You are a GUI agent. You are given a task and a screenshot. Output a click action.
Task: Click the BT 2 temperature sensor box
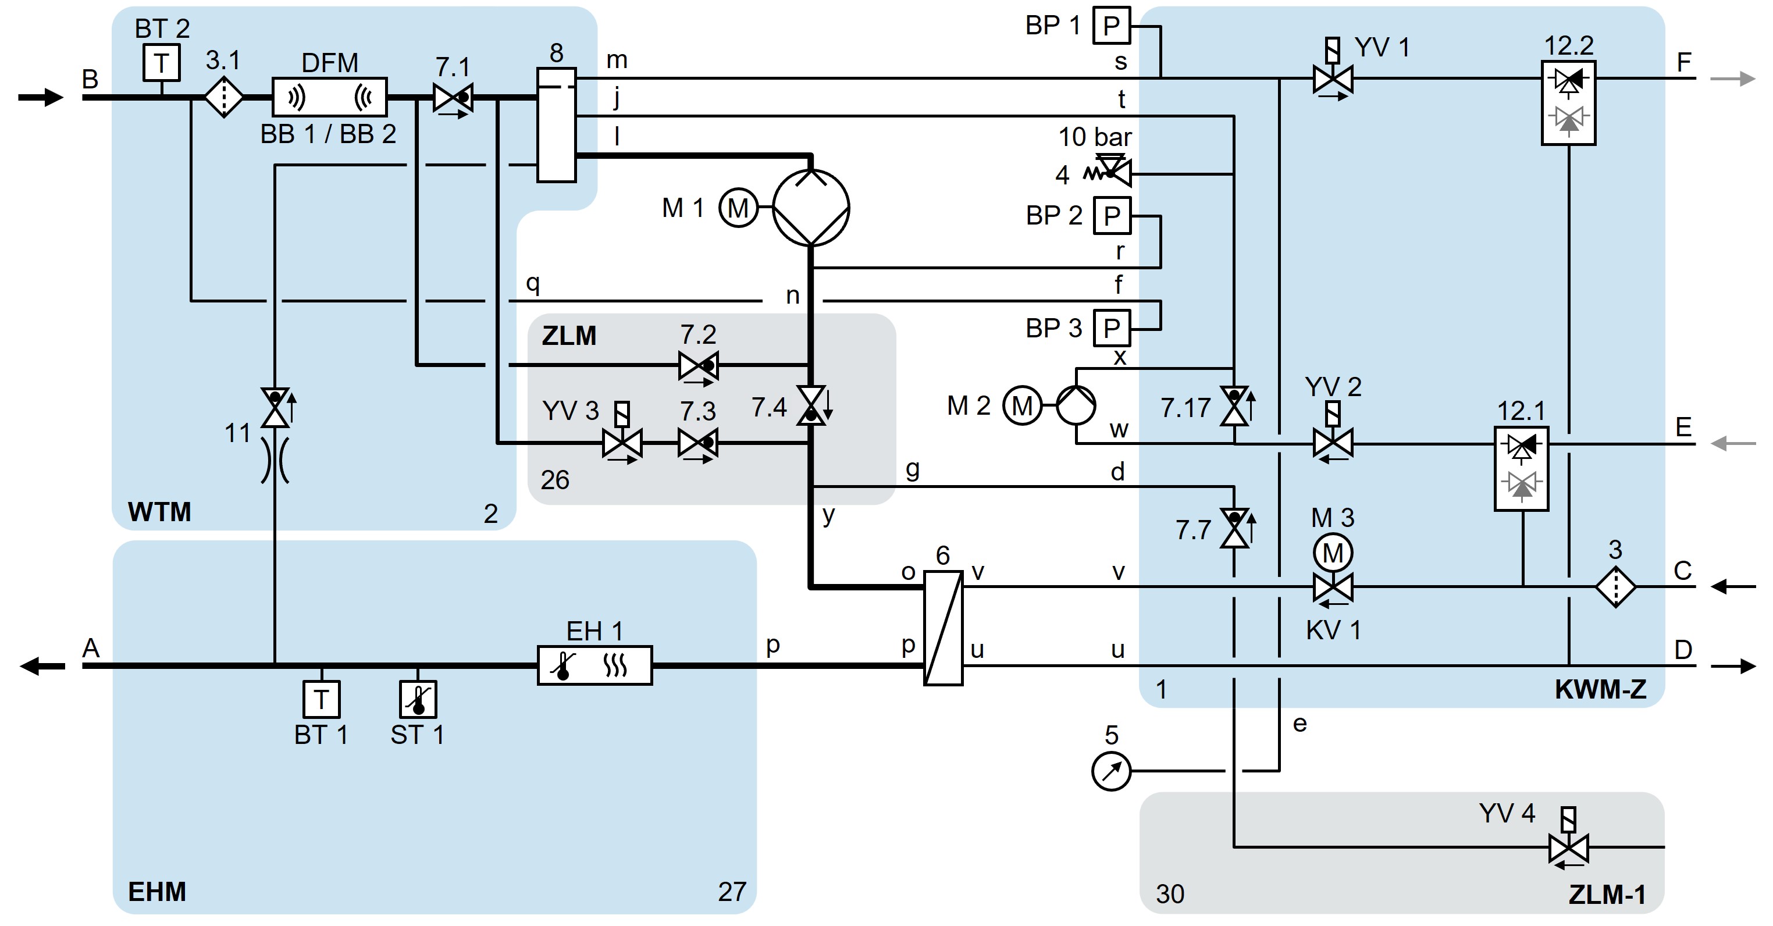tap(162, 63)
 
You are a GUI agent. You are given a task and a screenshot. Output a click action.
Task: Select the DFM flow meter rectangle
tap(330, 97)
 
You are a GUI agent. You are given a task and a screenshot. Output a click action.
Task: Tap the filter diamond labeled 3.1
tap(224, 97)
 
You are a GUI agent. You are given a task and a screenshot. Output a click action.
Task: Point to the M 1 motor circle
tap(738, 208)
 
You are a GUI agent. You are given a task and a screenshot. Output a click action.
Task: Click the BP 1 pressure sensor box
tap(1112, 26)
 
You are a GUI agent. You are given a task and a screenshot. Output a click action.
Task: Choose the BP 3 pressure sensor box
tap(1112, 329)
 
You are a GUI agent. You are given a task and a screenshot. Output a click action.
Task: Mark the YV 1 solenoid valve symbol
tap(1333, 79)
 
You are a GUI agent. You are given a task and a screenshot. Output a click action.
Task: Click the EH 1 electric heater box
tap(594, 665)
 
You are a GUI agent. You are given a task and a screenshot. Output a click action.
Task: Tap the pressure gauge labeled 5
tap(1111, 771)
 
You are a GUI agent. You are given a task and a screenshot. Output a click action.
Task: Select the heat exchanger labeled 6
tap(942, 627)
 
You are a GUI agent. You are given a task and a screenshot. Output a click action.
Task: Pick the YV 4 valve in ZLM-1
tap(1568, 847)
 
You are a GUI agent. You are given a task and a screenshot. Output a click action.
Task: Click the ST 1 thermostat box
tap(418, 699)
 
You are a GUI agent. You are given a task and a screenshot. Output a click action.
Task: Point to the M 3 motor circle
tap(1333, 553)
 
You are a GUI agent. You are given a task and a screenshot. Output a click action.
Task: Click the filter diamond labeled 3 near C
tap(1615, 586)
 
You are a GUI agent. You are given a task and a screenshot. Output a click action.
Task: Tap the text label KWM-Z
tap(1600, 689)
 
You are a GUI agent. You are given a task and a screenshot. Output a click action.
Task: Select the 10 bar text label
tap(1094, 137)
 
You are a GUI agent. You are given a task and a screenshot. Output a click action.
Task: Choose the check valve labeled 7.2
tap(698, 366)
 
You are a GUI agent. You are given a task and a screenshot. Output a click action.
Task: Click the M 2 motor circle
tap(1021, 406)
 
